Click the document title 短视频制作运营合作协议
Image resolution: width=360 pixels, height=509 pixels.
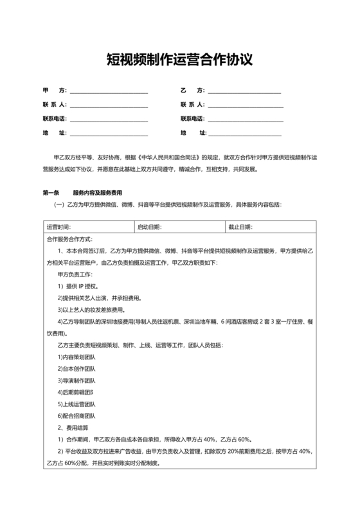tap(179, 60)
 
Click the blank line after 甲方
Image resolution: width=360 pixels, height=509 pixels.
tap(109, 91)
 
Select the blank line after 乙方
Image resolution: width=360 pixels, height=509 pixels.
tap(244, 91)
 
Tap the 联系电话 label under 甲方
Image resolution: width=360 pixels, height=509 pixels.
tap(55, 119)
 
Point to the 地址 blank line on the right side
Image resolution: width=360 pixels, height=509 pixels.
tap(244, 134)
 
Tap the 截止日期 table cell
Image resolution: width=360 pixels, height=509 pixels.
tap(270, 227)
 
